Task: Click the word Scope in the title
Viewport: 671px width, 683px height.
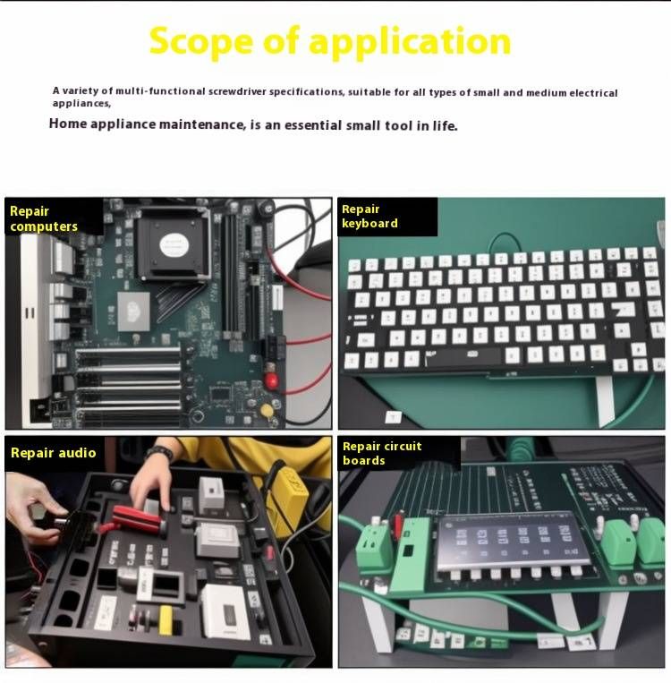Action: [201, 42]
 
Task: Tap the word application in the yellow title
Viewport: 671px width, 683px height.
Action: [410, 43]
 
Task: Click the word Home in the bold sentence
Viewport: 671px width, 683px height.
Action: [68, 124]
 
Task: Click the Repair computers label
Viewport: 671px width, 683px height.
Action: [44, 218]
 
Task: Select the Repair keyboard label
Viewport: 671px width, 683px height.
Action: [369, 216]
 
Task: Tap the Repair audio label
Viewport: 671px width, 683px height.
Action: [53, 453]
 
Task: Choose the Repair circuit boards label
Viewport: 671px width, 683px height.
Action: [382, 453]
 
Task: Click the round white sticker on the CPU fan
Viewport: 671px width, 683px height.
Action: [174, 244]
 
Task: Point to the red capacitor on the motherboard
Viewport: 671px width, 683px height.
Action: [271, 380]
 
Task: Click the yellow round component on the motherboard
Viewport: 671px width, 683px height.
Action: [267, 410]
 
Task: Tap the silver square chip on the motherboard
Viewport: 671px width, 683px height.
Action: [133, 311]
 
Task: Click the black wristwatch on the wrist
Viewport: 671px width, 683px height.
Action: [159, 453]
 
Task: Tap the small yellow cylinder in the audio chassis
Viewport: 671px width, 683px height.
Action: [166, 619]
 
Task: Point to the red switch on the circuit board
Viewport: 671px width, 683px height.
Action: [398, 525]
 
